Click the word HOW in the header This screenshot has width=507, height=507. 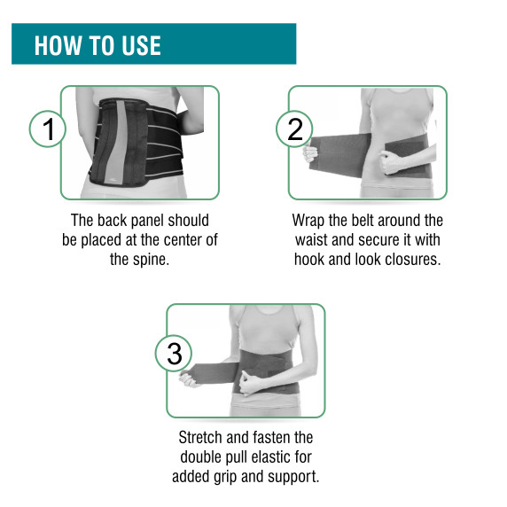coord(58,45)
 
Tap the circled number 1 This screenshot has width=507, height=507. coord(48,129)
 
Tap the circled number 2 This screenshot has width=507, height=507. coord(294,129)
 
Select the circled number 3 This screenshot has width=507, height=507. coord(174,353)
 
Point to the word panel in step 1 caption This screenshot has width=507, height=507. coord(146,221)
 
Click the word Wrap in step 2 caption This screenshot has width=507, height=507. coord(308,221)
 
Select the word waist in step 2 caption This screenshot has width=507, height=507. coord(311,240)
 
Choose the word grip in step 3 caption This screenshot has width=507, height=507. coord(225,477)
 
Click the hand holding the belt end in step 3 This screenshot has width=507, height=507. coord(188,379)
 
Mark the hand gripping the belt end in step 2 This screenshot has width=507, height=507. coord(309,153)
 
